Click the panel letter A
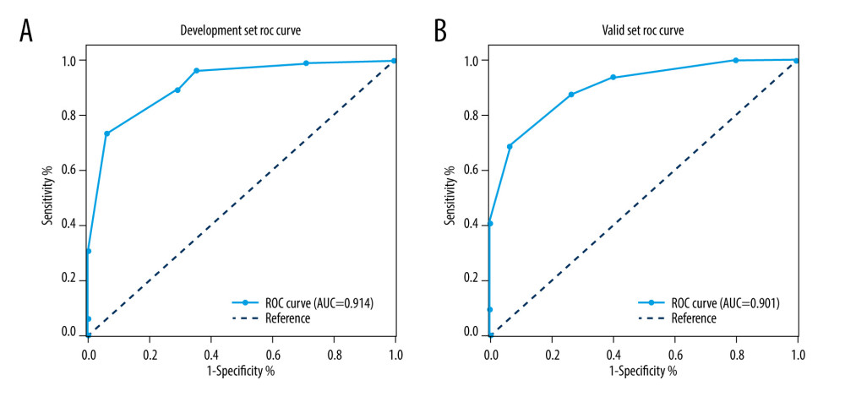27,30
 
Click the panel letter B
440,30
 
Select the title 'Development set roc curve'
241,30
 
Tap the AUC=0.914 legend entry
303,302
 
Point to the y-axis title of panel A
49,197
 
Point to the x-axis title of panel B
643,370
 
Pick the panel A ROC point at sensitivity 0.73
107,133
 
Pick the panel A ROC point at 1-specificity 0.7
306,63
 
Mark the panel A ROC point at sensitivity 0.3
88,251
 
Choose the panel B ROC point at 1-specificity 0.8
736,60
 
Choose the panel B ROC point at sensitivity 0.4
490,224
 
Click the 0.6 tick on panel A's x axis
272,347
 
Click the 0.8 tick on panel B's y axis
475,116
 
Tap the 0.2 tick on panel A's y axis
73,280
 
